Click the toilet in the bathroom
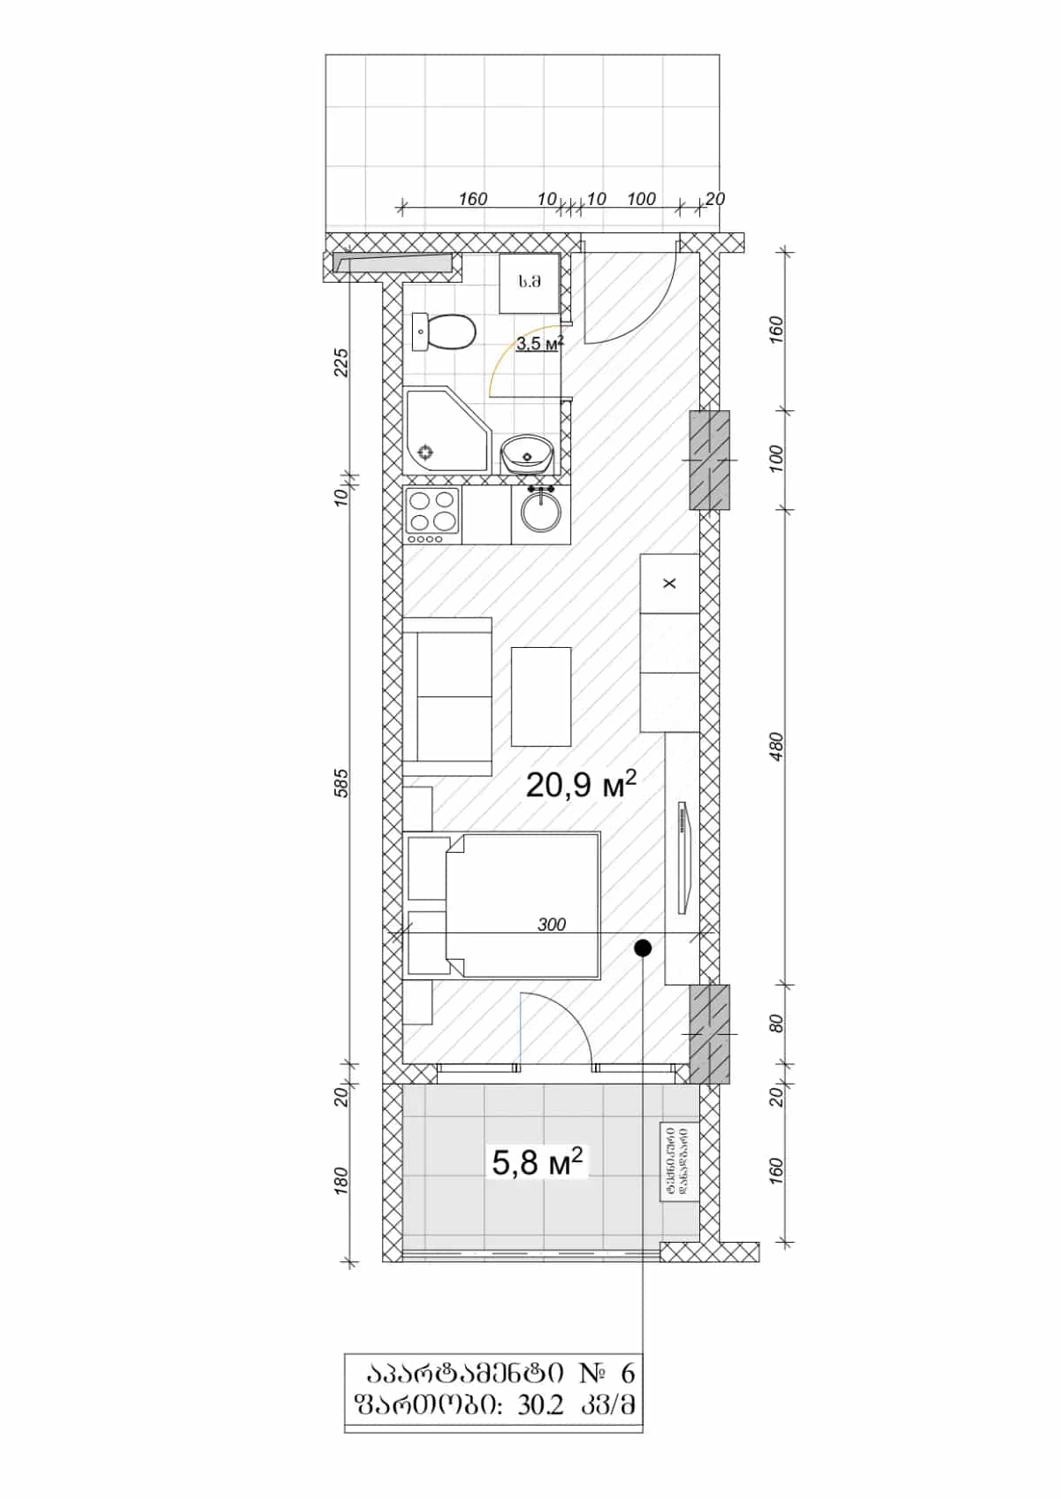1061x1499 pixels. pos(447,332)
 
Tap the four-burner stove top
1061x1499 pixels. pos(432,515)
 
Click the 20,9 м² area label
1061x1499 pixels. pos(581,784)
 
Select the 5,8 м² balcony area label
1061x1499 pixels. pos(538,1161)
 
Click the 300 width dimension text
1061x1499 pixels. pos(552,925)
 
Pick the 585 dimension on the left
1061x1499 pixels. pos(343,783)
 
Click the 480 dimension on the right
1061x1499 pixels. pos(777,748)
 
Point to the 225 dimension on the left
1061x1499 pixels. pos(343,362)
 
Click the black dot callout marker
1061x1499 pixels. pos(643,948)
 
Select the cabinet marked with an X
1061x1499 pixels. pos(669,583)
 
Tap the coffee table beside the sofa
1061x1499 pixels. pos(541,696)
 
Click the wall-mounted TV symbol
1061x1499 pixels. pos(683,857)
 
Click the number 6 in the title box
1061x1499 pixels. pos(627,1373)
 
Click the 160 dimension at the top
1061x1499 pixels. pos(473,199)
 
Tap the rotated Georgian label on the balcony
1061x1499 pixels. pos(678,1161)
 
